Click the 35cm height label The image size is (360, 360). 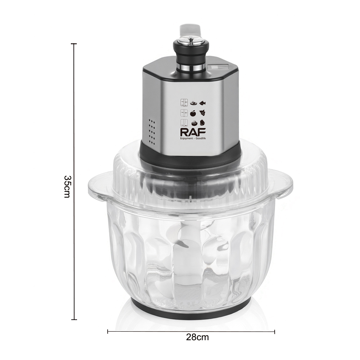coord(68,186)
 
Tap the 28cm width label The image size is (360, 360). coord(197,337)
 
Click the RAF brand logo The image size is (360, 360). coord(193,132)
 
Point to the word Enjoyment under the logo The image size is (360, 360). coord(186,139)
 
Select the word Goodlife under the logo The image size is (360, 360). coord(201,139)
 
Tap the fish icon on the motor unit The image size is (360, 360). coord(202,103)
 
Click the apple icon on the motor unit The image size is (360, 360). coord(193,113)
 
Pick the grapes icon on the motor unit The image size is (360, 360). coord(202,113)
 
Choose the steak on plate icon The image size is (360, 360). coord(194,103)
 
